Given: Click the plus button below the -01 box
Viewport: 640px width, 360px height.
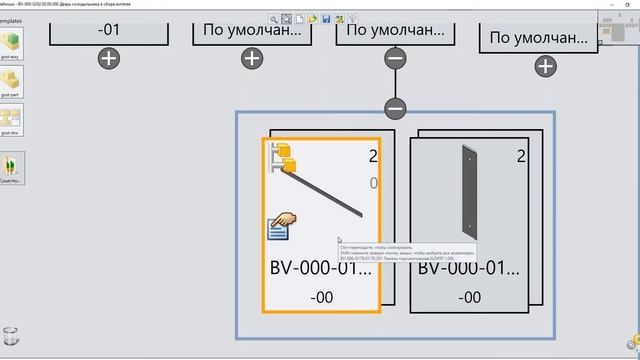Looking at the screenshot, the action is [x=109, y=58].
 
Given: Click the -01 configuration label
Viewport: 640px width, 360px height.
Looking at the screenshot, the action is [x=109, y=29].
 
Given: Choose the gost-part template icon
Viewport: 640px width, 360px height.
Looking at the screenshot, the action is [x=11, y=81].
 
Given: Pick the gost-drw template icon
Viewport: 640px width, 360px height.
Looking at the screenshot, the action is [x=11, y=119].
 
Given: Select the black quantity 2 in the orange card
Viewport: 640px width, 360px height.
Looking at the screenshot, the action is [x=372, y=156].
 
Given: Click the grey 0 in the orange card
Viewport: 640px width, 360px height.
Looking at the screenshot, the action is [x=373, y=183].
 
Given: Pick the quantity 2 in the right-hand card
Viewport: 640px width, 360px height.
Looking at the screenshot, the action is [x=521, y=156].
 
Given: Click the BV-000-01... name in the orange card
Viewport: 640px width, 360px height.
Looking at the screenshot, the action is [x=321, y=269].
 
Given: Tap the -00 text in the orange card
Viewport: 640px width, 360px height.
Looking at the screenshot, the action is [x=321, y=297].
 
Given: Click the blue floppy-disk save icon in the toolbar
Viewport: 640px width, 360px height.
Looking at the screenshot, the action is [x=325, y=18].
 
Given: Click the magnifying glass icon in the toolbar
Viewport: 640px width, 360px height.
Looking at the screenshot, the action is [x=273, y=18].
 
